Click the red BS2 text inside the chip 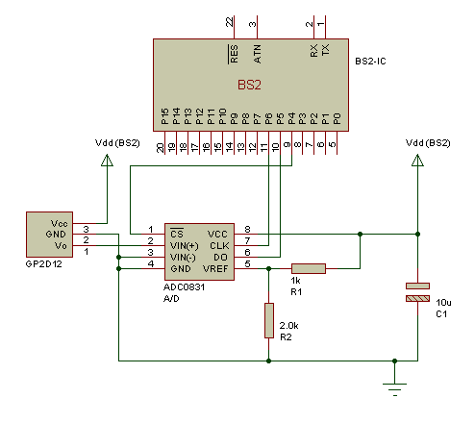pyautogui.click(x=249, y=85)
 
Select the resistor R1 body pyautogui.click(x=309, y=268)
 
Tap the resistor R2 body pyautogui.click(x=269, y=320)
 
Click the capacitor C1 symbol pyautogui.click(x=417, y=292)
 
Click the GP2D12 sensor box pyautogui.click(x=49, y=235)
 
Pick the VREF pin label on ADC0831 pyautogui.click(x=215, y=268)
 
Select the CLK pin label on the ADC pyautogui.click(x=219, y=246)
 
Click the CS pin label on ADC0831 pyautogui.click(x=177, y=234)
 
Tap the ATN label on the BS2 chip pyautogui.click(x=257, y=54)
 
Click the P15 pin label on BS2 pyautogui.click(x=164, y=116)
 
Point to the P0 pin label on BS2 pyautogui.click(x=337, y=118)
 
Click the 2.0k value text pyautogui.click(x=288, y=326)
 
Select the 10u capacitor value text pyautogui.click(x=443, y=303)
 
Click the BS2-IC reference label pyautogui.click(x=370, y=62)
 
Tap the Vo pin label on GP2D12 pyautogui.click(x=61, y=246)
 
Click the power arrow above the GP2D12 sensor pyautogui.click(x=107, y=161)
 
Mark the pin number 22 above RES pyautogui.click(x=230, y=22)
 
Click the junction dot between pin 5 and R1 pyautogui.click(x=269, y=268)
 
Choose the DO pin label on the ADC pyautogui.click(x=220, y=258)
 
